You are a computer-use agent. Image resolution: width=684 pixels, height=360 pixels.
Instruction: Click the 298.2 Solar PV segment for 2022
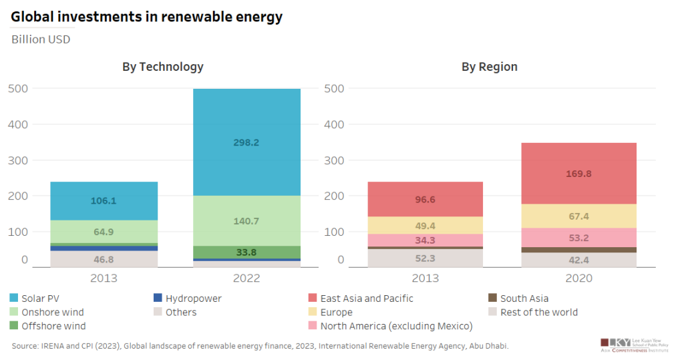pyautogui.click(x=246, y=142)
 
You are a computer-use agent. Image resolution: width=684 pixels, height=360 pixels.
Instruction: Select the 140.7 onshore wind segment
pyautogui.click(x=246, y=221)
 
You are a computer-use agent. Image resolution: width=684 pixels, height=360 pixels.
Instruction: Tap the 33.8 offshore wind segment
pyautogui.click(x=246, y=252)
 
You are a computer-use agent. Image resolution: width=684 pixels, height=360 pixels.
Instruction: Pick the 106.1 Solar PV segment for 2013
pyautogui.click(x=104, y=201)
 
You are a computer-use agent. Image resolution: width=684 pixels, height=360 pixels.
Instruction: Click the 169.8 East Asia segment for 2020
pyautogui.click(x=578, y=174)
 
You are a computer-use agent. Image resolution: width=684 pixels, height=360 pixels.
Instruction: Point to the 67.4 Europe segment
pyautogui.click(x=578, y=216)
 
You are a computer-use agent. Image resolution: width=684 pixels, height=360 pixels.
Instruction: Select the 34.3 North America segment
pyautogui.click(x=425, y=240)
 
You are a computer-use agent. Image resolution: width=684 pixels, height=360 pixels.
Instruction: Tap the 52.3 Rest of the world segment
pyautogui.click(x=425, y=258)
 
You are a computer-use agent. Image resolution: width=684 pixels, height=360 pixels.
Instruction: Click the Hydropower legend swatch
pyautogui.click(x=159, y=299)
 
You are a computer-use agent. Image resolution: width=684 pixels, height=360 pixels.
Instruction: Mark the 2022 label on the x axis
pyautogui.click(x=246, y=278)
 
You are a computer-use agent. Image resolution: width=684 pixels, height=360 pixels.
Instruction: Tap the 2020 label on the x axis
pyautogui.click(x=578, y=278)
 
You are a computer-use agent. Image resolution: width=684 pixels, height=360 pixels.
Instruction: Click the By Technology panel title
pyautogui.click(x=162, y=67)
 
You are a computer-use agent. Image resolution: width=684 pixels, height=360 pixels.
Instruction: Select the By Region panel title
pyautogui.click(x=489, y=67)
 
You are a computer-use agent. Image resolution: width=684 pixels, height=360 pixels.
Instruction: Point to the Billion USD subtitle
pyautogui.click(x=41, y=39)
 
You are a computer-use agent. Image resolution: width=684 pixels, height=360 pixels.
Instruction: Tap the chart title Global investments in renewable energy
pyautogui.click(x=146, y=17)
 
